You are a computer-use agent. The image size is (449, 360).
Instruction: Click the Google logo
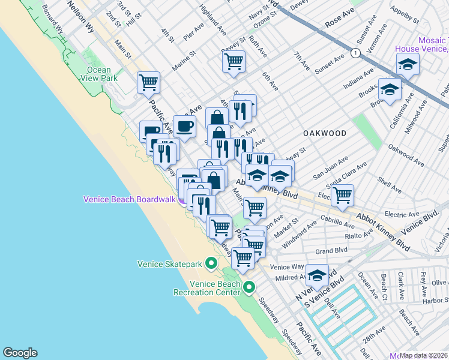tap(20, 353)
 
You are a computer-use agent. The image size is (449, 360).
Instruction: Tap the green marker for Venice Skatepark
tap(211, 263)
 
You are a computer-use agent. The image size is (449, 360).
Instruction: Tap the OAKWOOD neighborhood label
tap(324, 133)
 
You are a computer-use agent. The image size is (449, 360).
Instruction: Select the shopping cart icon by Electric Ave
tap(342, 194)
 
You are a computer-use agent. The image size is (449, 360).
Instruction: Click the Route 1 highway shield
tap(356, 53)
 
